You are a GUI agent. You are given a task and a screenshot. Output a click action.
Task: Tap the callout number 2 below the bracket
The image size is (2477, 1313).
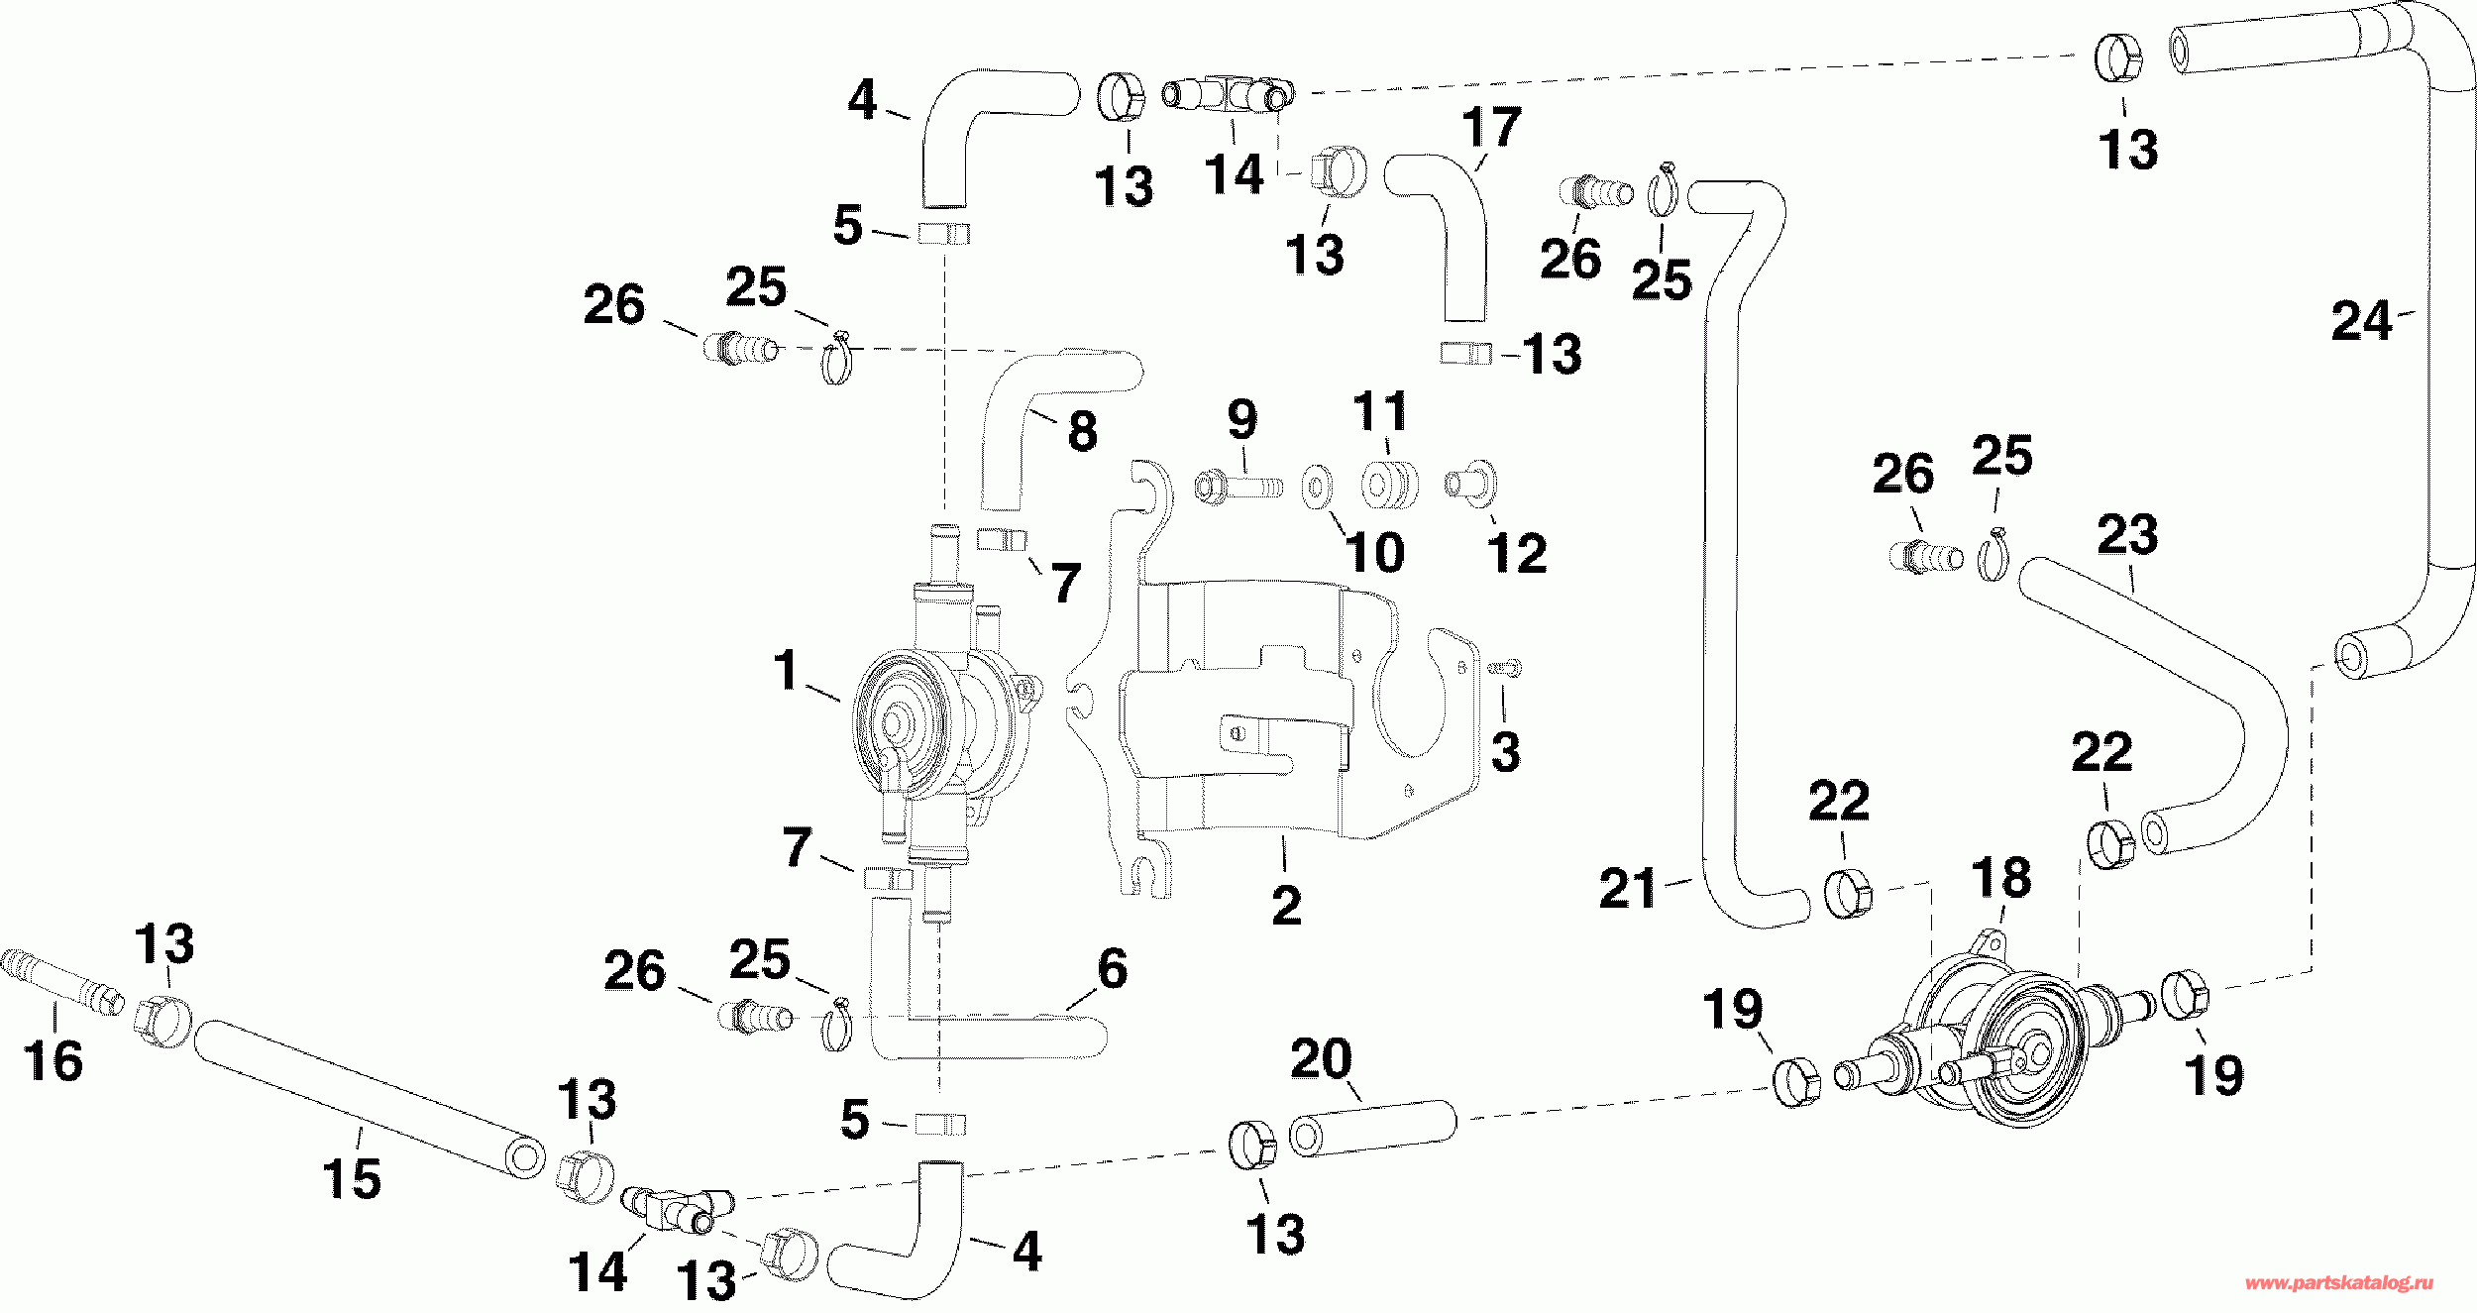1286,905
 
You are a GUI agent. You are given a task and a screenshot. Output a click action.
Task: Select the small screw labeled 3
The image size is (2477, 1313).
1505,670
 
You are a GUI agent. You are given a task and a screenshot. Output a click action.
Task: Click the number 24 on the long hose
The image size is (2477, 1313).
2362,321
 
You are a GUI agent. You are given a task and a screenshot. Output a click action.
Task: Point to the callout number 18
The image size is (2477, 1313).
2001,878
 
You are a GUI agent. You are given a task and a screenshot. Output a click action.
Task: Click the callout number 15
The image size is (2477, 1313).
352,1178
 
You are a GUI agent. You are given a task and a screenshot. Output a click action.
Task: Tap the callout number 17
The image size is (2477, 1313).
1492,127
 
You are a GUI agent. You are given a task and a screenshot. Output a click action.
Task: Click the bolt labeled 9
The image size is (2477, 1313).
1238,487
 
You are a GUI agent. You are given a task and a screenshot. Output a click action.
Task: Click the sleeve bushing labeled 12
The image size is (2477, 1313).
1471,485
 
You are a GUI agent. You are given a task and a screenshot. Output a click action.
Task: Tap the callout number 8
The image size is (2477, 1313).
1082,431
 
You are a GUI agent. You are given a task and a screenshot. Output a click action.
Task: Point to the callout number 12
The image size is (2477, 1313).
1517,553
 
